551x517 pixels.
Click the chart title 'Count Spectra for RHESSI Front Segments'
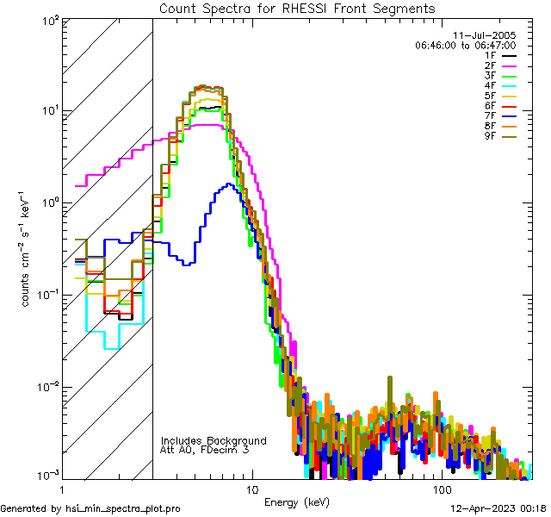pyautogui.click(x=297, y=9)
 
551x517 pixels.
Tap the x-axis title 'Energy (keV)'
pyautogui.click(x=295, y=502)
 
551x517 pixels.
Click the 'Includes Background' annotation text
pyautogui.click(x=214, y=440)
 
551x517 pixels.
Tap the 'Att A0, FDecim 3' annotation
pyautogui.click(x=205, y=450)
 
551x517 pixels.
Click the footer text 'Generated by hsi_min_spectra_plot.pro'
pyautogui.click(x=90, y=509)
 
